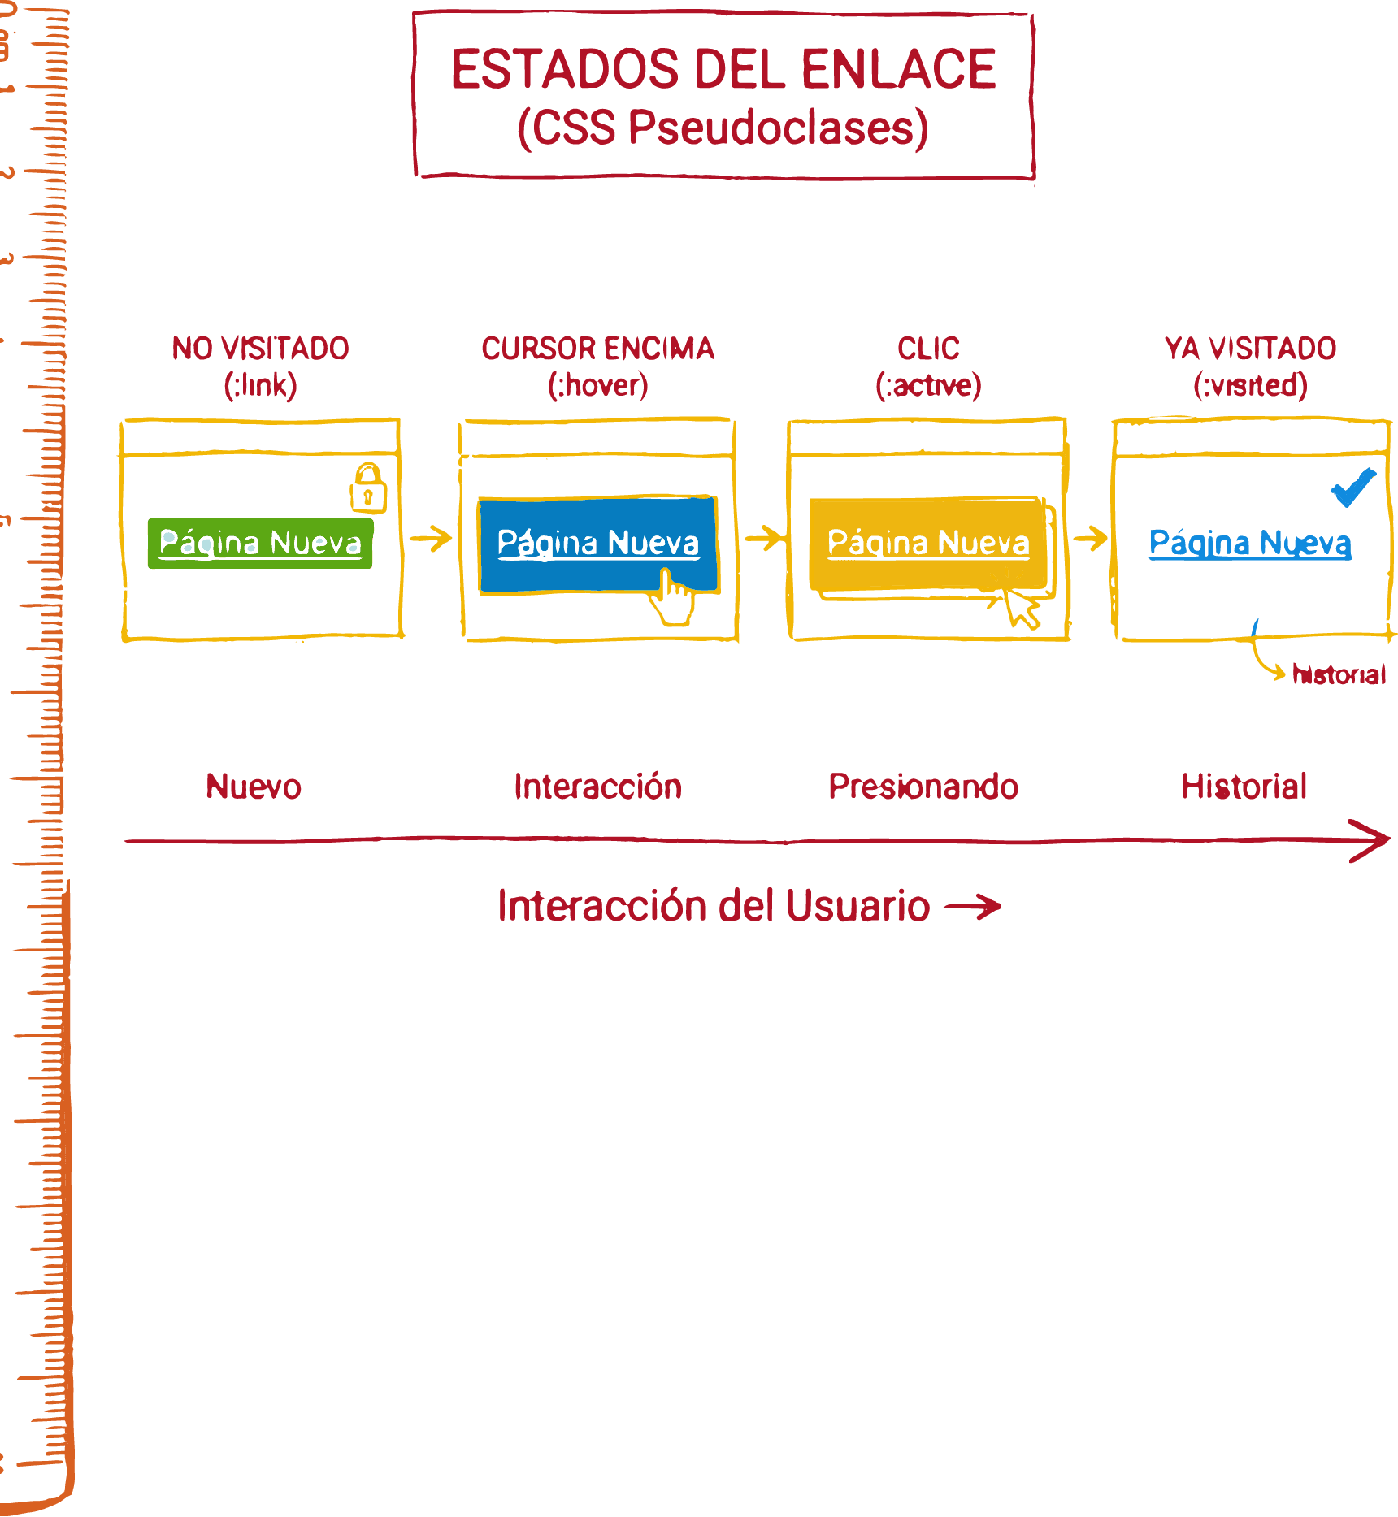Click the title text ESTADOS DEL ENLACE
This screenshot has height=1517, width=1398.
point(723,69)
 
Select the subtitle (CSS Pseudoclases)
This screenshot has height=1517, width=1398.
point(723,128)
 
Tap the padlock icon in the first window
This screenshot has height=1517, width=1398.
point(368,488)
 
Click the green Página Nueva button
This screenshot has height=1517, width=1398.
point(260,543)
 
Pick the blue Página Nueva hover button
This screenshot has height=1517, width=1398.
point(597,543)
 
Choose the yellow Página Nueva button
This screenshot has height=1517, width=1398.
point(927,543)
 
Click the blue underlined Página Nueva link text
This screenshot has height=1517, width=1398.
point(1250,543)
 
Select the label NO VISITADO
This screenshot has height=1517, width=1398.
point(260,349)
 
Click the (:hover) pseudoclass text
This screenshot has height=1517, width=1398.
point(597,385)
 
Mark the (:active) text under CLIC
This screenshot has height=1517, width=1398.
point(928,385)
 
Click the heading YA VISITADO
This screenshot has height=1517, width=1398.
point(1250,349)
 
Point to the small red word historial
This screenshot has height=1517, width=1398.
point(1339,674)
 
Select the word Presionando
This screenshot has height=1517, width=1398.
point(923,787)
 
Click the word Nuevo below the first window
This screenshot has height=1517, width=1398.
point(254,787)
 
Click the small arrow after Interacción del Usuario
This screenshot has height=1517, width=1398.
point(973,907)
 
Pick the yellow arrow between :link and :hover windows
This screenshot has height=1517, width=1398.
point(431,538)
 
